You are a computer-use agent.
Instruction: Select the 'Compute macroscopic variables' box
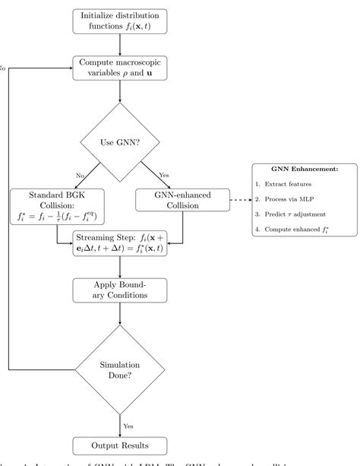click(x=121, y=68)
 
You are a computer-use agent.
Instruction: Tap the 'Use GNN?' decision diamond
click(x=121, y=141)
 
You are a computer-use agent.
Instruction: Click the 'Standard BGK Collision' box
click(x=56, y=204)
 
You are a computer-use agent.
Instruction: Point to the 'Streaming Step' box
click(x=121, y=243)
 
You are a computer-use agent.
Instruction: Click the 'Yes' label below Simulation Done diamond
click(x=130, y=426)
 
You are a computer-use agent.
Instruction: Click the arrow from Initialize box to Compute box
click(x=121, y=43)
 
